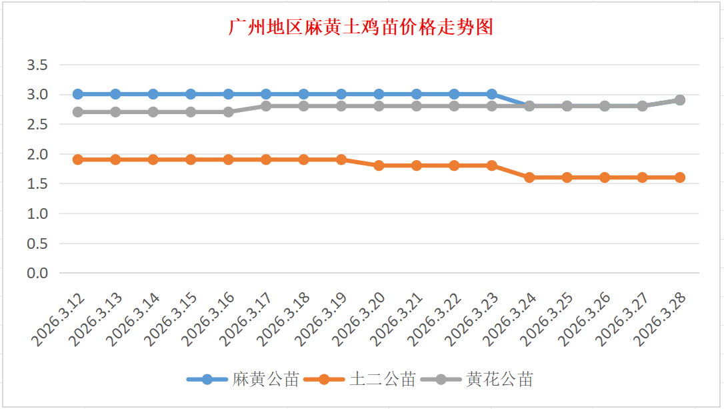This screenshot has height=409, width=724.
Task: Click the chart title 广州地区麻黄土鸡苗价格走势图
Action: tap(361, 28)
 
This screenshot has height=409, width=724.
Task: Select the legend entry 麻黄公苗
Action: tap(265, 380)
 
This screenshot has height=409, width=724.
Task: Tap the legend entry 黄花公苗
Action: tap(499, 380)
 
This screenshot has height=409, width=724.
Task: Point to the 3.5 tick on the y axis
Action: tap(37, 65)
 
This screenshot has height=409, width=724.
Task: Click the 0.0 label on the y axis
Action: tap(37, 273)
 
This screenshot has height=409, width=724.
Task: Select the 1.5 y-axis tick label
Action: tap(37, 183)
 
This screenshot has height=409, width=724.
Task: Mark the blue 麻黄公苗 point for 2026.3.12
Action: tap(78, 94)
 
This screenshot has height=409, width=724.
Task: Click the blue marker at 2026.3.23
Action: tap(492, 94)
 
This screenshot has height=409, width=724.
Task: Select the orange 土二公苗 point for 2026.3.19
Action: tap(341, 159)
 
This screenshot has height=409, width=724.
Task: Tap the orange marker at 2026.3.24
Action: tap(529, 177)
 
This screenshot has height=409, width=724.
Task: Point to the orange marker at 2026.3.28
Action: tap(680, 177)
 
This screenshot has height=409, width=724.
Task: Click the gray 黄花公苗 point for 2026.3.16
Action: tap(229, 112)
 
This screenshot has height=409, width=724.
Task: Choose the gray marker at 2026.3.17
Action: tap(266, 106)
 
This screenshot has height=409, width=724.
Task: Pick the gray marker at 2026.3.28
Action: tap(680, 100)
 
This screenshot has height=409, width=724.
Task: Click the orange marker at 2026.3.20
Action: tap(379, 165)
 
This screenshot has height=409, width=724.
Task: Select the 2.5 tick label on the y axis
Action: tap(37, 124)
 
